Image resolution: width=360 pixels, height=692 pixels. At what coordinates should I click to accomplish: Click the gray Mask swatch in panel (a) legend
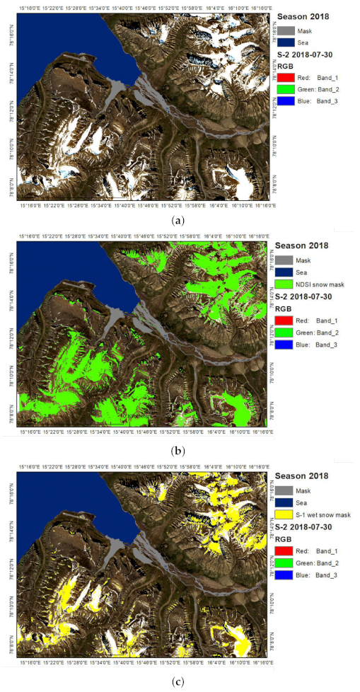[x=285, y=30]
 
